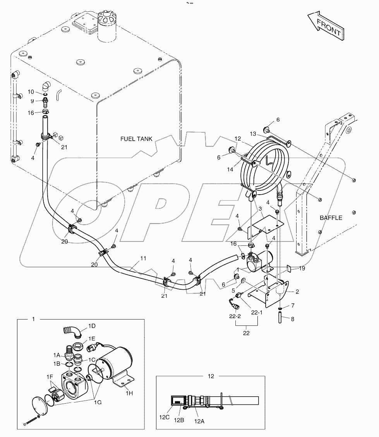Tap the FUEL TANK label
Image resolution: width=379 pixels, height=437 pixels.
click(x=137, y=138)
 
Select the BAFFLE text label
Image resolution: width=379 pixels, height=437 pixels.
click(x=331, y=218)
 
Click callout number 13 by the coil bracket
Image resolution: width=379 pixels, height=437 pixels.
click(x=253, y=134)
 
